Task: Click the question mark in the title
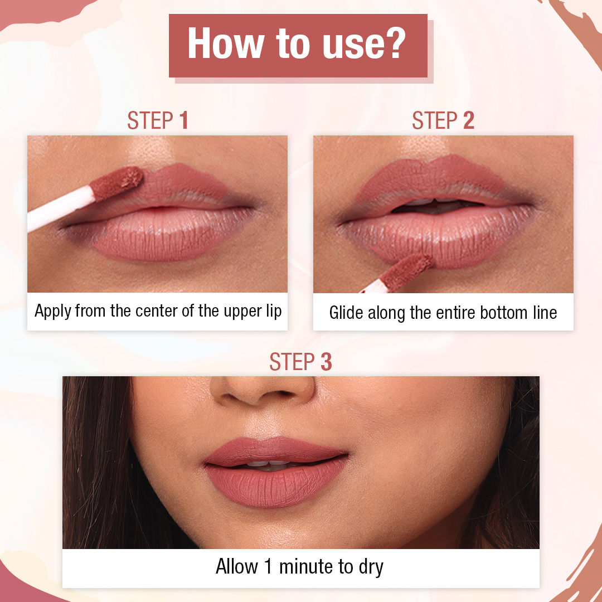click(392, 44)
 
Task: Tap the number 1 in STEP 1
click(183, 120)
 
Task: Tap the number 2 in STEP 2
click(468, 120)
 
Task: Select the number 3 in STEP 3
click(326, 362)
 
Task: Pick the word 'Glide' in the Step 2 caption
click(346, 313)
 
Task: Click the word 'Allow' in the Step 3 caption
click(237, 567)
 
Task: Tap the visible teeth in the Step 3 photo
click(268, 463)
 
